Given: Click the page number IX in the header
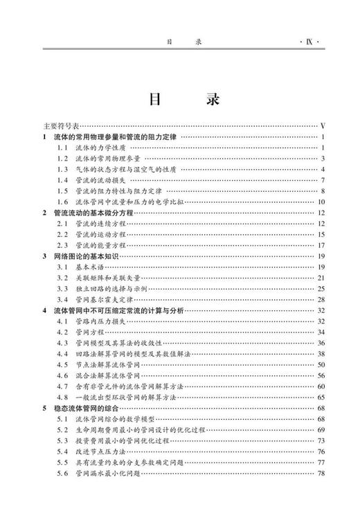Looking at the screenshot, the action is (x=309, y=42).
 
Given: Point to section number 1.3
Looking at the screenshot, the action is (x=62, y=169).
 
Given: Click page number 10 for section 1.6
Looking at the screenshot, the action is (x=321, y=202).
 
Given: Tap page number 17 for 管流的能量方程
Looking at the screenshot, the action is (x=321, y=244).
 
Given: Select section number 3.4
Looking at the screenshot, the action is (x=62, y=298).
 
